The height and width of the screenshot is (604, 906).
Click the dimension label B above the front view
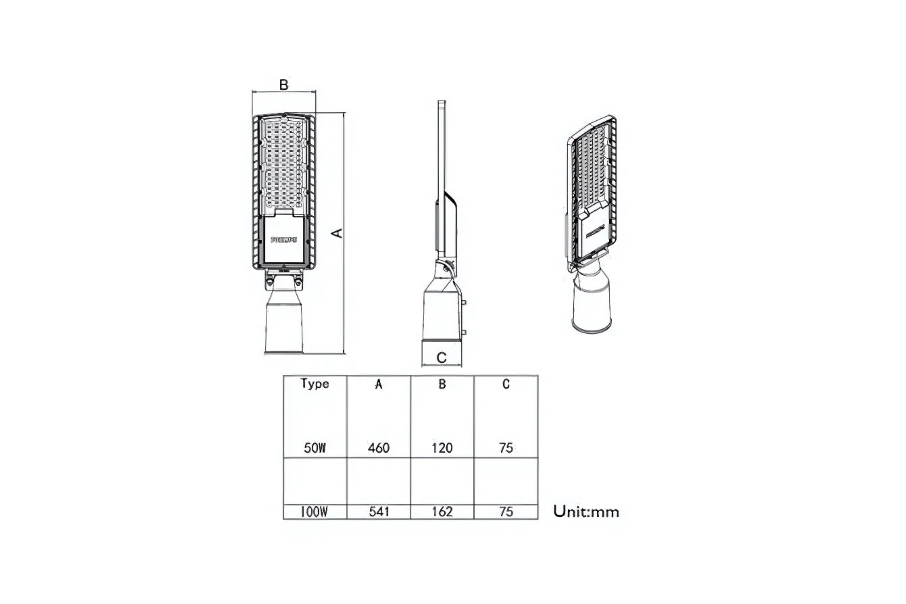(284, 85)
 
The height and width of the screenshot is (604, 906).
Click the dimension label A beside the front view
(337, 233)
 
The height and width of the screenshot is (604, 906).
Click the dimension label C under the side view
(441, 357)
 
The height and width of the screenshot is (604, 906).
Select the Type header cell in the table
(315, 384)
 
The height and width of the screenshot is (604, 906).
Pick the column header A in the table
(379, 384)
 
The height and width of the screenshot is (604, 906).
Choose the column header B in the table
(442, 384)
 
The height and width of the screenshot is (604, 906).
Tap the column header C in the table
(506, 384)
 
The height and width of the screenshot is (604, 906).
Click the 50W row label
(315, 448)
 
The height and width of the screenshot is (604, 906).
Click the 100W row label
(314, 512)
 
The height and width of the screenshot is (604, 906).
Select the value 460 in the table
(379, 448)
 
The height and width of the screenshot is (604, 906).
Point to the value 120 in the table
(442, 448)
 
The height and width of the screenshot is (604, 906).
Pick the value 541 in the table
(379, 512)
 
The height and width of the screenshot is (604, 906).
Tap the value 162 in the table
(442, 512)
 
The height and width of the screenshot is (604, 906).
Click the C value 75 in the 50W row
(506, 448)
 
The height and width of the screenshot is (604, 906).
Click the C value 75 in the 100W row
(506, 512)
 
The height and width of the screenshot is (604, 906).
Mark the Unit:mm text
(586, 512)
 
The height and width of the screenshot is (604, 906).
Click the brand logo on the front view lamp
(284, 240)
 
